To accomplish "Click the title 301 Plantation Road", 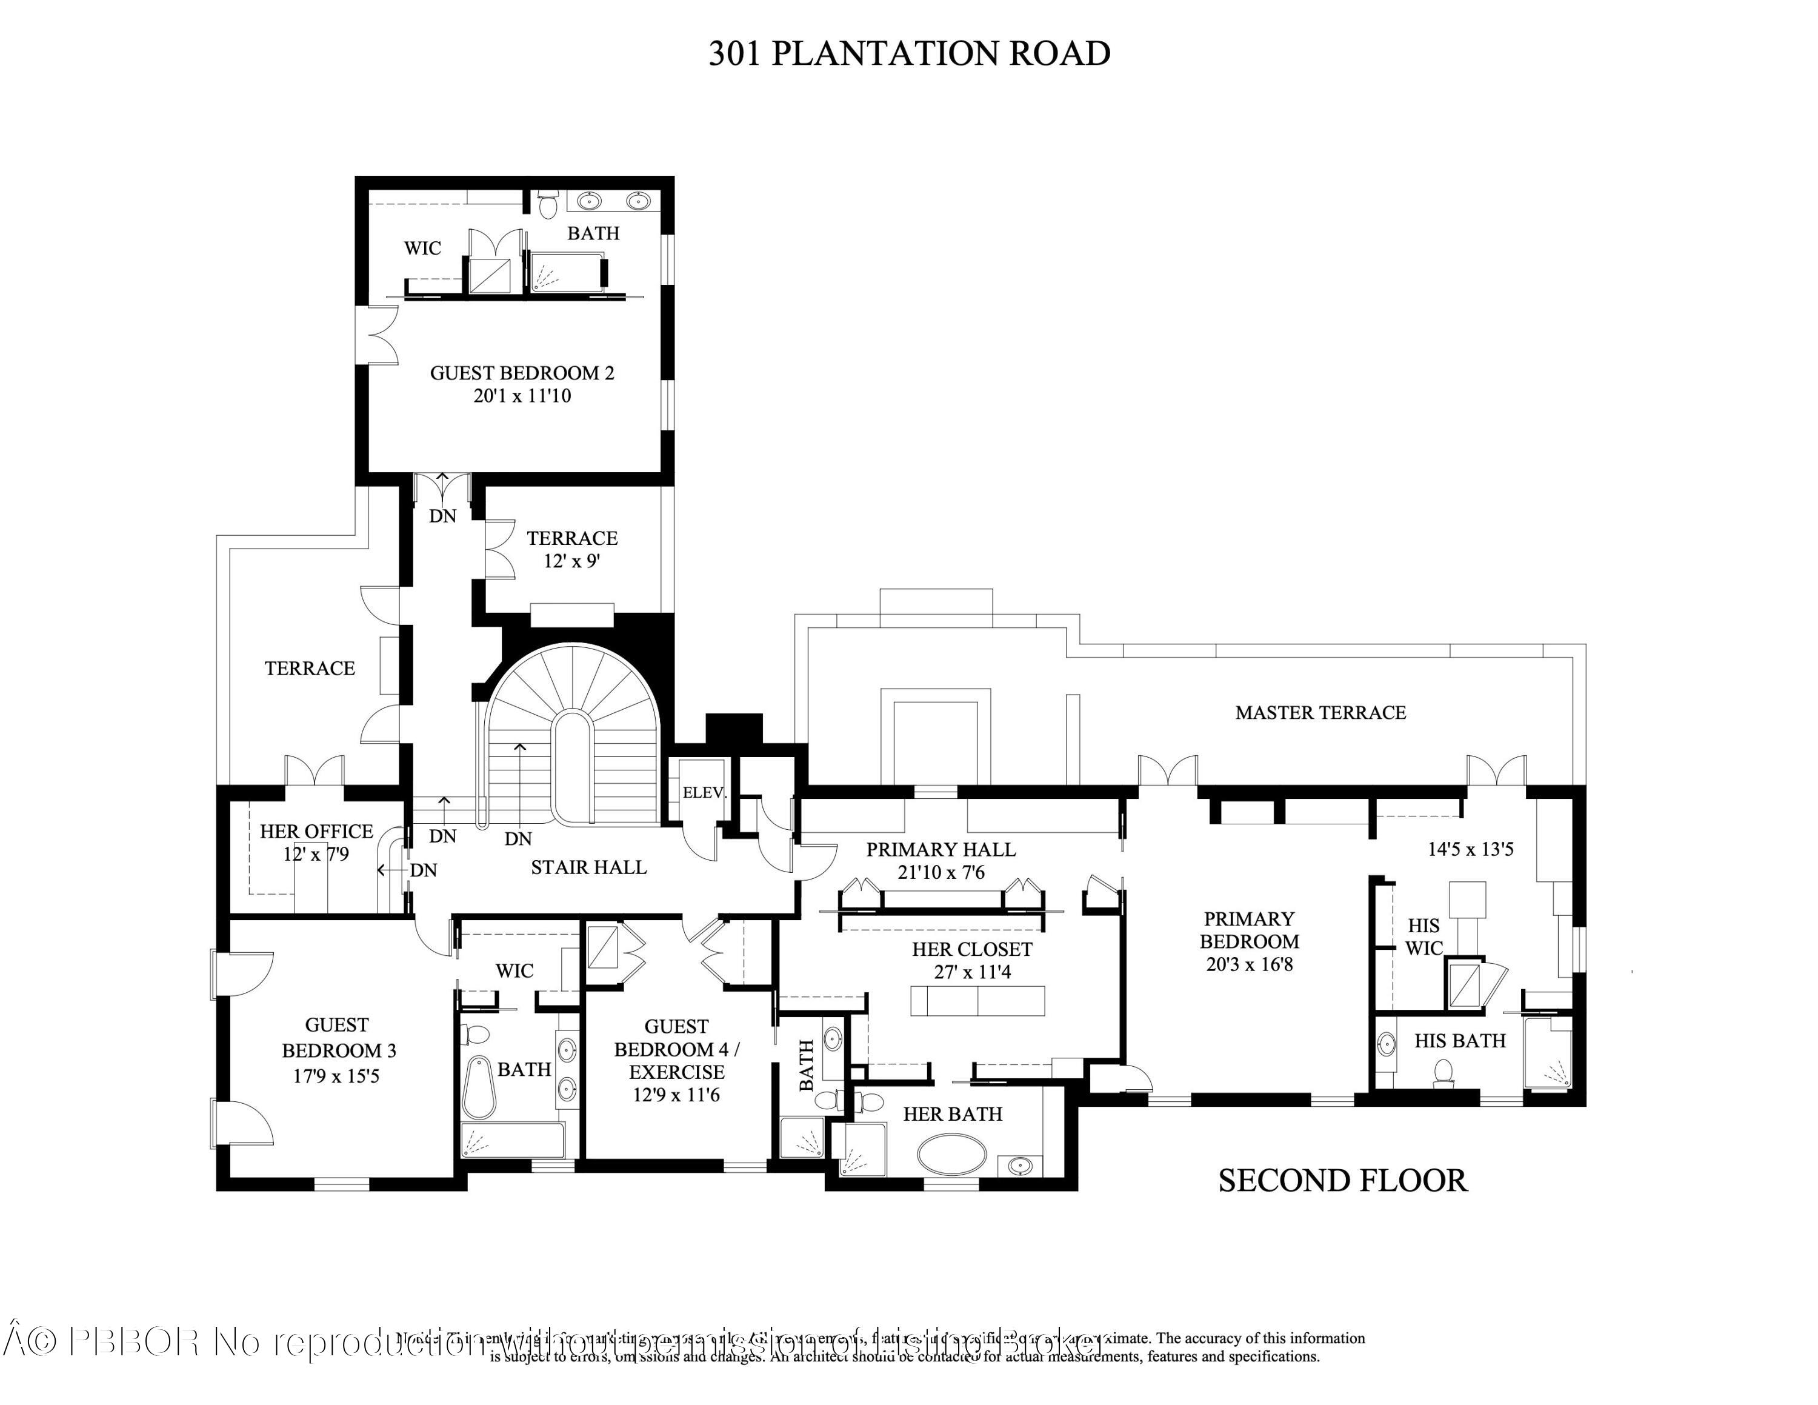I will tap(909, 53).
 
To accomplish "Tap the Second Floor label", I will tap(1342, 1180).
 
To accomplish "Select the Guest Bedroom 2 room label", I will tap(522, 373).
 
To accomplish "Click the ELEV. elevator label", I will tap(704, 792).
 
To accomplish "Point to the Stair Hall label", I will tap(588, 867).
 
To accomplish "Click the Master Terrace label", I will tap(1320, 712).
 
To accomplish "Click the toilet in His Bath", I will tap(1443, 1073).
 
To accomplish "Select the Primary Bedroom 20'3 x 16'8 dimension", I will tap(1248, 965).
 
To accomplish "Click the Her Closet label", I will tap(971, 949).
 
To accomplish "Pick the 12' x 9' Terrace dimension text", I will tap(572, 561).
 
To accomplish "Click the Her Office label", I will tap(316, 830).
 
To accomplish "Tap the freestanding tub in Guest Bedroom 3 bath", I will tap(479, 1086).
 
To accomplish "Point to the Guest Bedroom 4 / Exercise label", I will tap(676, 1049).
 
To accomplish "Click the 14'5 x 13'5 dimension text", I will tap(1470, 849).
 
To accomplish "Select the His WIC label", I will tap(1423, 936).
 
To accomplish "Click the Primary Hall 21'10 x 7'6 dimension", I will tap(941, 872).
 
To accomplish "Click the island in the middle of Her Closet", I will tap(977, 1001).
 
